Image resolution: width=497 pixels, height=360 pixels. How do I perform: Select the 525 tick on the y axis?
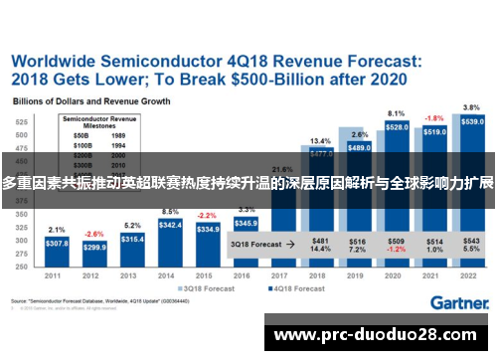[21, 119]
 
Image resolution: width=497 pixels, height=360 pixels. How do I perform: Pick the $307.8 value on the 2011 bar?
[57, 243]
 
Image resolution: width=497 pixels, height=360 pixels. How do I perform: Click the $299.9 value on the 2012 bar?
[94, 247]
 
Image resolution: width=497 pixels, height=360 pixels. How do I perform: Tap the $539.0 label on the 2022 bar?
[472, 121]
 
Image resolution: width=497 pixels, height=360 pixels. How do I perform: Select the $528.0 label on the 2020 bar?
[397, 127]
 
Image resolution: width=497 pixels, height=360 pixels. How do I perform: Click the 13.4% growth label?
[320, 141]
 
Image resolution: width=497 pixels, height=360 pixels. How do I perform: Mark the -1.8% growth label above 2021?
[434, 118]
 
